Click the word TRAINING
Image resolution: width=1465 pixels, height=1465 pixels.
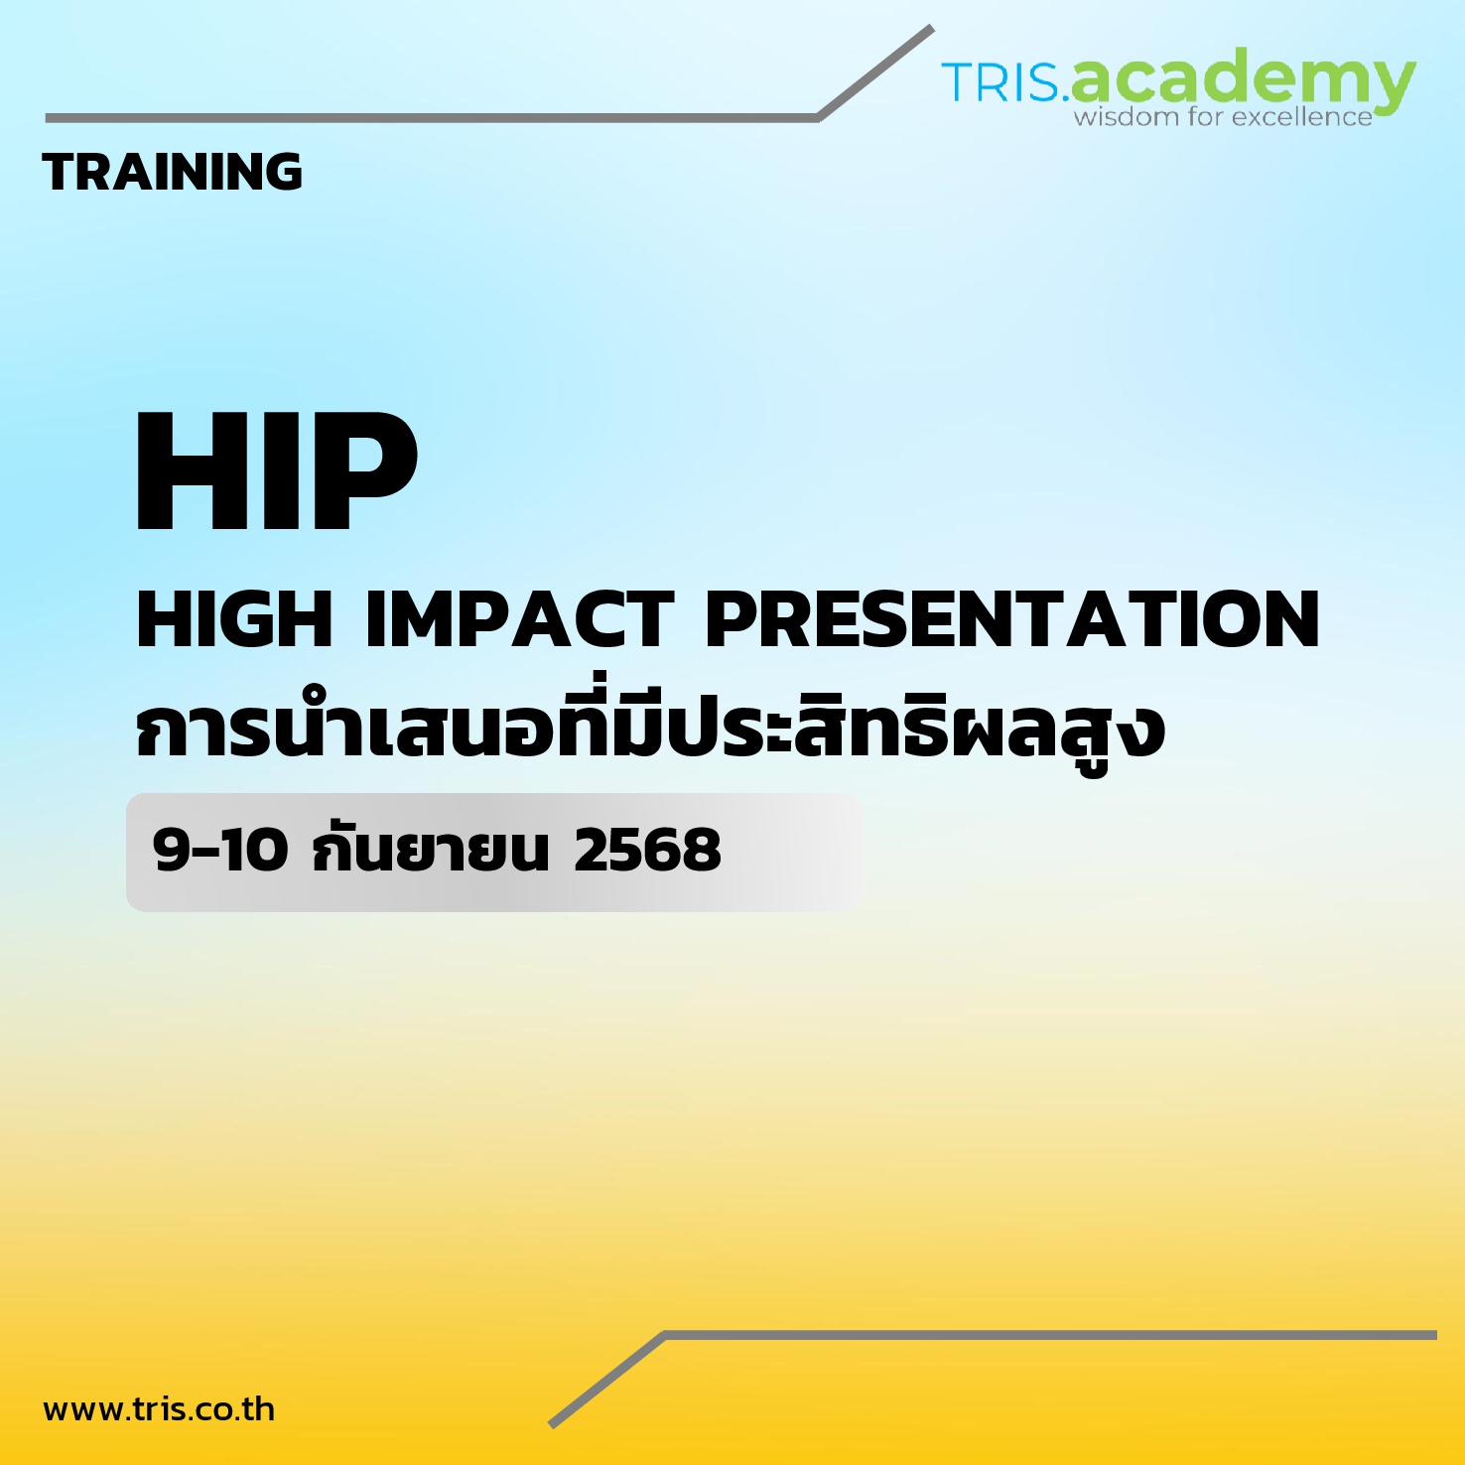[x=173, y=172]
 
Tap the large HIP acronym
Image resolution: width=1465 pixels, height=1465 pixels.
[x=277, y=471]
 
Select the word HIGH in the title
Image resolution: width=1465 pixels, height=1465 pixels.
[x=234, y=619]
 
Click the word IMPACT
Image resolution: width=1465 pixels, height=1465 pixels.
[x=520, y=619]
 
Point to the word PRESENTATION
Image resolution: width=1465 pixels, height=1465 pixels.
[x=1012, y=619]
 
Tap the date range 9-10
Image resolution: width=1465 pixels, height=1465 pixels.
[x=220, y=851]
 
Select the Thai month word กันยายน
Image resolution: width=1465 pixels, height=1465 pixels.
[x=431, y=851]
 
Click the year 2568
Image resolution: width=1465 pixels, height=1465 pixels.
[x=647, y=851]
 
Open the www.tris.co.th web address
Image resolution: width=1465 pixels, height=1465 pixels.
[x=159, y=1409]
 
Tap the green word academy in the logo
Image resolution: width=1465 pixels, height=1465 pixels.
[x=1243, y=79]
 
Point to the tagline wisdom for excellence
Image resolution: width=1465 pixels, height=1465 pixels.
[x=1223, y=117]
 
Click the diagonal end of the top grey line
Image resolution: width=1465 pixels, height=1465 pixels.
[x=932, y=28]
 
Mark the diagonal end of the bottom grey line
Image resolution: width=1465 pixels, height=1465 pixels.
[x=551, y=1425]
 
